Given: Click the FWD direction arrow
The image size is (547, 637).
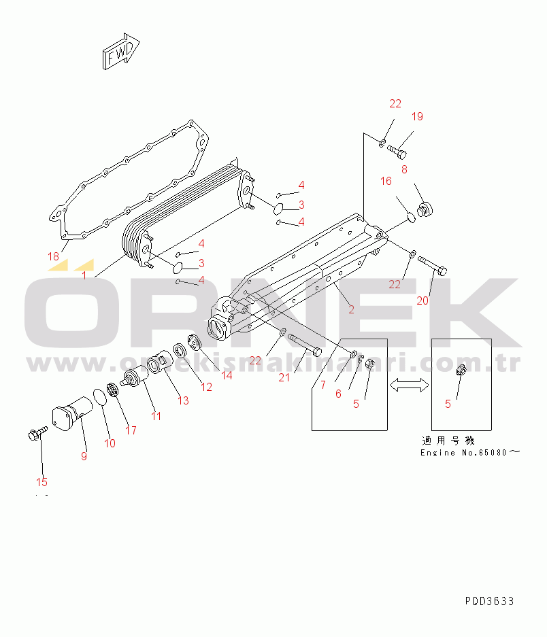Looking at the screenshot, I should (121, 52).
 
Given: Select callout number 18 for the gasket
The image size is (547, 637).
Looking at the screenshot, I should (53, 256).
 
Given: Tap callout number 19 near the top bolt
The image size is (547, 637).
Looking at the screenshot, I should (417, 116).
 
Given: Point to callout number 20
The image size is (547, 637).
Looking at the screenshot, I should (422, 300).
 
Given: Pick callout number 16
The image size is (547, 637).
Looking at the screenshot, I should (386, 181).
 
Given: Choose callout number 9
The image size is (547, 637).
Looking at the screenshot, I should (84, 456).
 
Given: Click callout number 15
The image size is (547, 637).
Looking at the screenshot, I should (42, 482).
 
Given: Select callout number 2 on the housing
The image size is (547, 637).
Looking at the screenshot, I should (351, 309).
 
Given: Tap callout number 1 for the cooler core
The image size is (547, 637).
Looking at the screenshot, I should (84, 276).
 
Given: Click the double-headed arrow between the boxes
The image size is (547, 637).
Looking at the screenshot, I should (408, 385).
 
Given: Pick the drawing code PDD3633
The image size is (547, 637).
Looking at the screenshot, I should (489, 602).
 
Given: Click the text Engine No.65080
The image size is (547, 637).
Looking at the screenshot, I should (469, 453).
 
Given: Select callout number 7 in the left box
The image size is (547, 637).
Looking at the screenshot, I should (323, 385).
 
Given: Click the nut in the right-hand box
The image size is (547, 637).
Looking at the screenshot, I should (461, 371).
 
